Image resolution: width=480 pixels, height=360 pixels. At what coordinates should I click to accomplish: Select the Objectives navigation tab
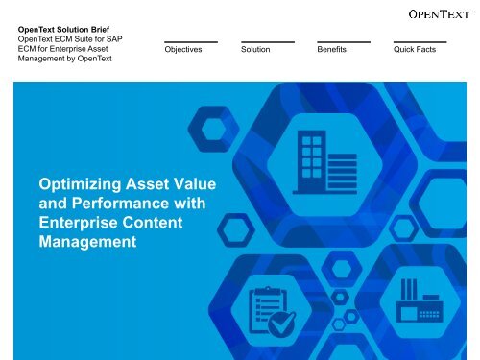(183, 49)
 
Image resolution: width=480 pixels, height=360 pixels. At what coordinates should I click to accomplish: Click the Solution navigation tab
(255, 49)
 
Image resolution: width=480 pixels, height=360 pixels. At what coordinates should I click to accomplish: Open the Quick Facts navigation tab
(414, 49)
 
